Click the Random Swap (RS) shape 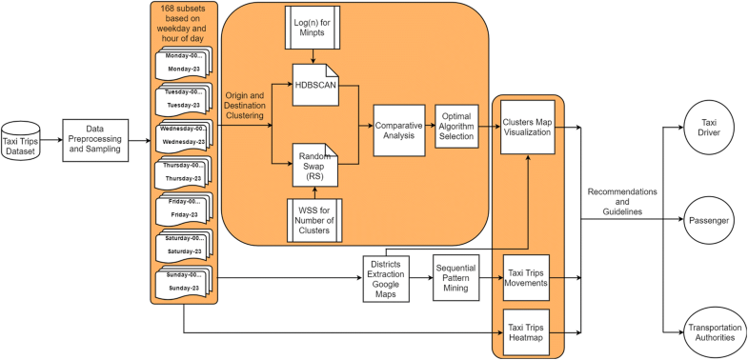312,161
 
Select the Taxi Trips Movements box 527,277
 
